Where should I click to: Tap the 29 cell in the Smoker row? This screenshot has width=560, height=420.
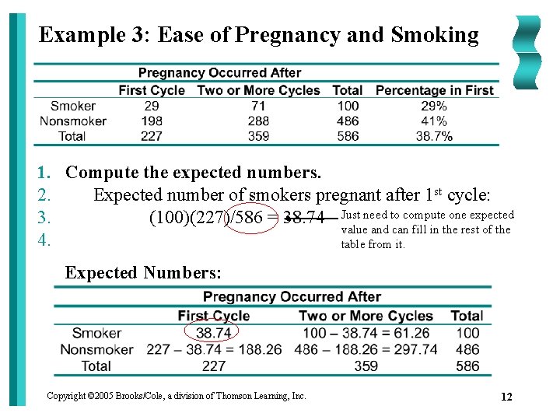152,106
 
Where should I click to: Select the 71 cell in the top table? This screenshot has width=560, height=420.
258,106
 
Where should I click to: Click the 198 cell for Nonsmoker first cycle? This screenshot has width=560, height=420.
152,121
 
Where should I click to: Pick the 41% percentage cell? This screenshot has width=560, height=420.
434,121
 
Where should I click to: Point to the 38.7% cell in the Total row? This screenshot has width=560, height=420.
434,136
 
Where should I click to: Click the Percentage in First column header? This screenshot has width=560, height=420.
434,90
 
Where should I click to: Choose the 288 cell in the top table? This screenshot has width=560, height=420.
258,121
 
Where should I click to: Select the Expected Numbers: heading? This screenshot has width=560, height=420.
143,272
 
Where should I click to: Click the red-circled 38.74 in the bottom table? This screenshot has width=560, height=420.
213,333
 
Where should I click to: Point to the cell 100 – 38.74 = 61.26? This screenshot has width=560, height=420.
366,333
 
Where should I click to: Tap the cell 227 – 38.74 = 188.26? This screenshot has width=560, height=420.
214,349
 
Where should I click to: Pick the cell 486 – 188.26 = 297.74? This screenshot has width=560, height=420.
366,349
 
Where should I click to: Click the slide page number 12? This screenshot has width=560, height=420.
506,397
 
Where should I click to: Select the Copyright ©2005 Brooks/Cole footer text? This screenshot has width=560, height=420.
176,396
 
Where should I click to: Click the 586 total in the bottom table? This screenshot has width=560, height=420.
467,366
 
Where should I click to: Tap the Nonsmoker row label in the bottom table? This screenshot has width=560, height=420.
96,349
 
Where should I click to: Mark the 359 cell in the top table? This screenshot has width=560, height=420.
258,136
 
